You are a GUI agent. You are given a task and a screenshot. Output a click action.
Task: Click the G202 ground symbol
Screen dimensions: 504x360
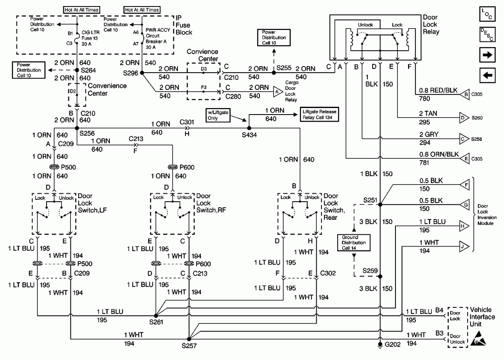(380, 345)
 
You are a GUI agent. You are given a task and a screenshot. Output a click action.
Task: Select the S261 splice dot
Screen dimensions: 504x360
(156, 316)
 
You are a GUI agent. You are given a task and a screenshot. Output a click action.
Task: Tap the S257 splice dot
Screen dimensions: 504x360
(189, 339)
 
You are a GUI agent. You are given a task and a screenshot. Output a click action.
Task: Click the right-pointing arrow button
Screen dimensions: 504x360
(487, 55)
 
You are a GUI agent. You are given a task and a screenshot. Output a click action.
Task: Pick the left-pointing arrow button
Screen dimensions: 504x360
(487, 75)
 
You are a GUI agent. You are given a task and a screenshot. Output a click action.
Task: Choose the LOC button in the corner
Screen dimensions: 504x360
(487, 14)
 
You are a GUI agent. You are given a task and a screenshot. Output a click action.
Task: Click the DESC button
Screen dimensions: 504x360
(487, 34)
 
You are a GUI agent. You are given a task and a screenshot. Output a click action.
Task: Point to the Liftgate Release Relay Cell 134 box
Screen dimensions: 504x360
(319, 115)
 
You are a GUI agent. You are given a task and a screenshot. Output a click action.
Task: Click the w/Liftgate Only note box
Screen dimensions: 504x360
(218, 115)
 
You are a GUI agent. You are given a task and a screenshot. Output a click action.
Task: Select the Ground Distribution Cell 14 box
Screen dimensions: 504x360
(354, 242)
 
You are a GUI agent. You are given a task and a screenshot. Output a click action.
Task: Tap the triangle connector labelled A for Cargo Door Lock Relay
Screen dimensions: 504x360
(278, 92)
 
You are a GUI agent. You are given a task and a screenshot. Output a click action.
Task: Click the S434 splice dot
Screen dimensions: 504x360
(249, 128)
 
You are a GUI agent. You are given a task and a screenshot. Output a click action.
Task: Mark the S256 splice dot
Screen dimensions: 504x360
(77, 128)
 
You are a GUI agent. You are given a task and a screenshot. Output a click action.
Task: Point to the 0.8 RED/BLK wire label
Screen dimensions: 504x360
(438, 90)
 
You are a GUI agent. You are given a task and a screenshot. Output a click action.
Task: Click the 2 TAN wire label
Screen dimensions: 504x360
(428, 114)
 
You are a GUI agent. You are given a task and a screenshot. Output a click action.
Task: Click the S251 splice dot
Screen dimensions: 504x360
(380, 204)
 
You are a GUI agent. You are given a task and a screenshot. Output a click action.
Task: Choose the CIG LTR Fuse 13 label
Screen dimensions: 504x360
(90, 38)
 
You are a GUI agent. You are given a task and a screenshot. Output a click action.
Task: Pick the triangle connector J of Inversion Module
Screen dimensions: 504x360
(464, 246)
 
